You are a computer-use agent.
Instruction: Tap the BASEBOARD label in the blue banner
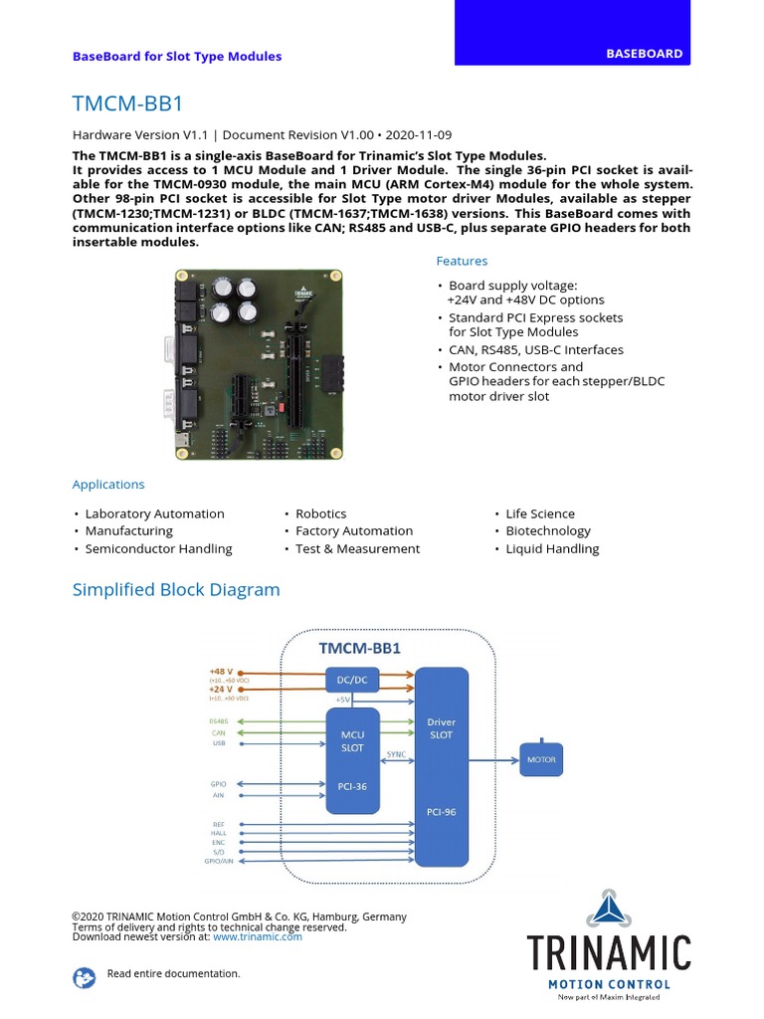pyautogui.click(x=645, y=54)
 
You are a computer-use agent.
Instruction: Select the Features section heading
pyautogui.click(x=462, y=261)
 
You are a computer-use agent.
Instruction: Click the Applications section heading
pyautogui.click(x=108, y=485)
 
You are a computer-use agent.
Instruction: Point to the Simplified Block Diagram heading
pyautogui.click(x=176, y=590)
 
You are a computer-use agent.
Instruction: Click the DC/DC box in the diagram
pyautogui.click(x=352, y=680)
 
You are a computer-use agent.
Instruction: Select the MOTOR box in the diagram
pyautogui.click(x=541, y=760)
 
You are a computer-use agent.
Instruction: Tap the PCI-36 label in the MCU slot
pyautogui.click(x=352, y=786)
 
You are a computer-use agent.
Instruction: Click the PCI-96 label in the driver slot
pyautogui.click(x=441, y=811)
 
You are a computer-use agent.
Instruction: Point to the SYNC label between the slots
pyautogui.click(x=396, y=754)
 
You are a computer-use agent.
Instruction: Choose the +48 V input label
pyautogui.click(x=221, y=672)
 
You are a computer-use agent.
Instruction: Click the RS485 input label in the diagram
pyautogui.click(x=218, y=720)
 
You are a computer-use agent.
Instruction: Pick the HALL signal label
pyautogui.click(x=218, y=833)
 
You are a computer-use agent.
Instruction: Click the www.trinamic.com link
pyautogui.click(x=257, y=936)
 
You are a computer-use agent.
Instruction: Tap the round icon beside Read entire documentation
pyautogui.click(x=84, y=977)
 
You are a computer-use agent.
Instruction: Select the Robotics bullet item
pyautogui.click(x=320, y=513)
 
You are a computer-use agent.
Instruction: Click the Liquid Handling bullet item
pyautogui.click(x=552, y=548)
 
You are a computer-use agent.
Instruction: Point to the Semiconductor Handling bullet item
pyautogui.click(x=158, y=548)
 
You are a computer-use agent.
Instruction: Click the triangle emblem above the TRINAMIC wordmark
pyautogui.click(x=608, y=909)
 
